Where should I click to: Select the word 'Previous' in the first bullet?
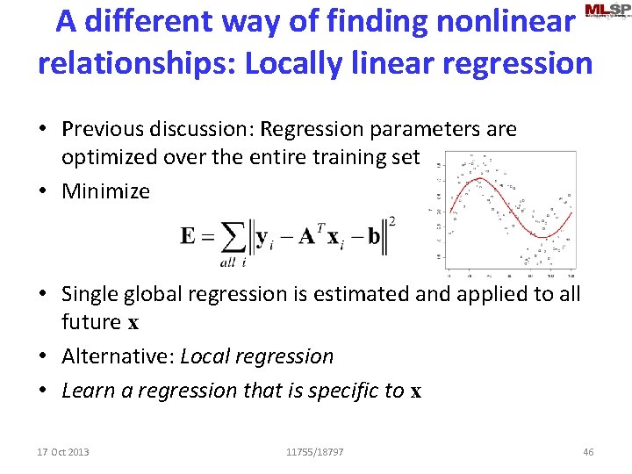[x=104, y=129]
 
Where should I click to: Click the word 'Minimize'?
[x=105, y=190]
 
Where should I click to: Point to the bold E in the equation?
[x=188, y=235]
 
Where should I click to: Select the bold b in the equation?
[x=375, y=236]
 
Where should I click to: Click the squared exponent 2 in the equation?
[x=391, y=221]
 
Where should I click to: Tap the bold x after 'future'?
[x=133, y=322]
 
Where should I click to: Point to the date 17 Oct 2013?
[x=63, y=452]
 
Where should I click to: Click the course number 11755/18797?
[x=315, y=452]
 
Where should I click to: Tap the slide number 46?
[x=588, y=452]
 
